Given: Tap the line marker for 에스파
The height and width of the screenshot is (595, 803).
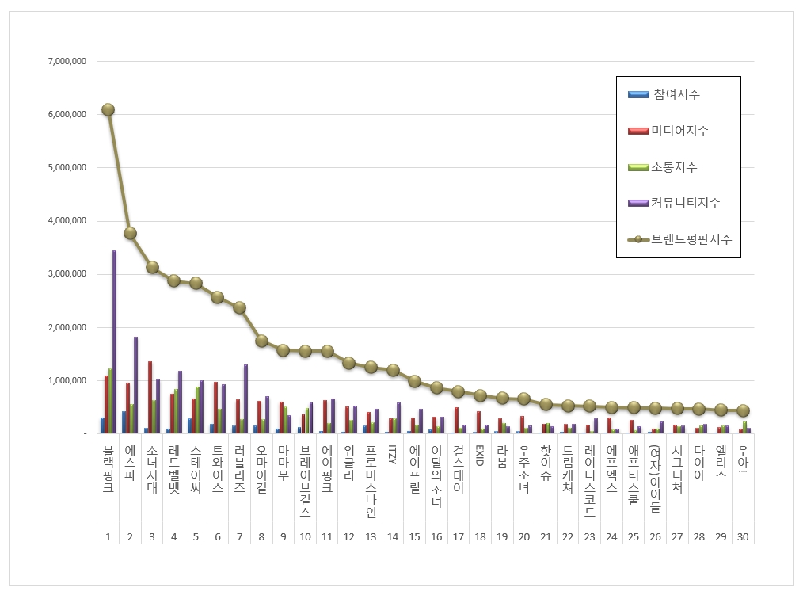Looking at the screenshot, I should coord(130,233).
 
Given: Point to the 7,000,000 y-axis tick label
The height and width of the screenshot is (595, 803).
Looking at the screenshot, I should coord(67,61).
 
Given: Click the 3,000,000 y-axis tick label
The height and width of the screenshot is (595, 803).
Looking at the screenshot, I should coord(67,274).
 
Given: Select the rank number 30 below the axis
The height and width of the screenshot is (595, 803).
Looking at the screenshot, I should coord(742,536).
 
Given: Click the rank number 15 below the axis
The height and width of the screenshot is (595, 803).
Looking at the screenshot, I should coord(414,536).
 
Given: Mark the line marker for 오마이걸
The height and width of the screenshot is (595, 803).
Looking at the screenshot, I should coord(261,341).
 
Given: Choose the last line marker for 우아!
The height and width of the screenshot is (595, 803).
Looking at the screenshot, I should coord(742,410).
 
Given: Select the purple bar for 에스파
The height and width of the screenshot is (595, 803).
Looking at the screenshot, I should coord(135,385).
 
